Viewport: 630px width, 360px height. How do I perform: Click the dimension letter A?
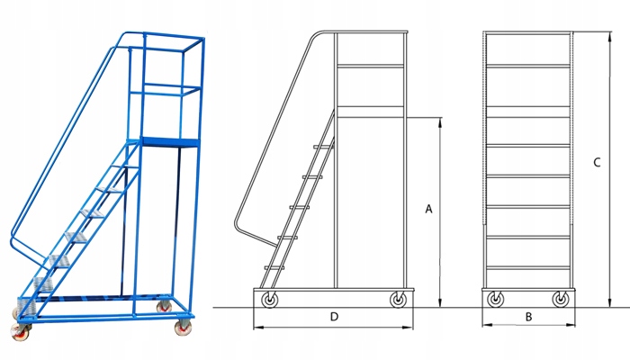[428, 209]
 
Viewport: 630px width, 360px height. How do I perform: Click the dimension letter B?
[528, 317]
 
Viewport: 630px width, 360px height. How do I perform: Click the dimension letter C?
[597, 163]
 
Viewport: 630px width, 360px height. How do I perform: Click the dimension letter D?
[334, 317]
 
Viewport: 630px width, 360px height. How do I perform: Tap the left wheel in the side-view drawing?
[269, 301]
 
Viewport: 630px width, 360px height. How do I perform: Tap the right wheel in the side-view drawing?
[396, 301]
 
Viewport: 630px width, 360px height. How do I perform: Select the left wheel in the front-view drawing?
[495, 301]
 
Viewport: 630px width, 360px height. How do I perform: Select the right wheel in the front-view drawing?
[560, 301]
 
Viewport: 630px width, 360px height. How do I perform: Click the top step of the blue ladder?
[116, 167]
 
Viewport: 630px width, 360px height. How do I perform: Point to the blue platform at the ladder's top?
[169, 140]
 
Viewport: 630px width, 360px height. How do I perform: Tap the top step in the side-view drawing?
[322, 146]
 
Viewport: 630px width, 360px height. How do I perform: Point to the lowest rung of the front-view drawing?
[527, 267]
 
